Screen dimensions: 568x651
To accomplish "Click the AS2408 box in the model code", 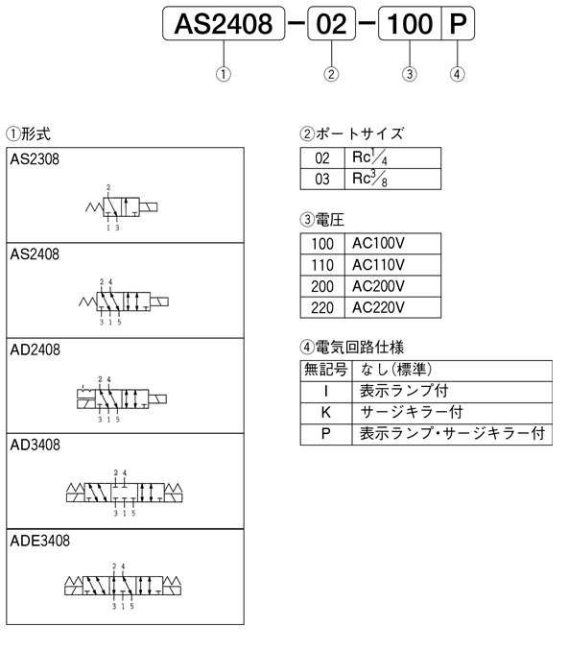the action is point(224,23).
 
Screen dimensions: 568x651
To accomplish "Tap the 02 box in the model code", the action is point(332,23).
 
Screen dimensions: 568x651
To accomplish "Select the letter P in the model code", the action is point(458,23).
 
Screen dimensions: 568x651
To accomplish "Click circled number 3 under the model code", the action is point(410,74).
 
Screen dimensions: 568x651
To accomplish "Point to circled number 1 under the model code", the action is point(224,74).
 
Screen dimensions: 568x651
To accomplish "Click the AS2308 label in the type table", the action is point(35,159).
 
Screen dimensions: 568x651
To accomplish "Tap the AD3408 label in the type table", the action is point(35,446).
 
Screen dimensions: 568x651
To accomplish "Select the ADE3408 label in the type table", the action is point(40,541).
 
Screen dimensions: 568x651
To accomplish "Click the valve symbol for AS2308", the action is point(122,207).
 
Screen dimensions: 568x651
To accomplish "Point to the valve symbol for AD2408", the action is point(122,399).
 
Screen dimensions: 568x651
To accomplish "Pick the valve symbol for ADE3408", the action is point(123,586).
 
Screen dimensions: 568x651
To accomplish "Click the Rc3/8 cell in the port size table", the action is point(392,179).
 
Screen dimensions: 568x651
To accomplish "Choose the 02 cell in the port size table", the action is point(322,157).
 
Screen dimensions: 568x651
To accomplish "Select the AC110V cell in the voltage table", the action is point(392,264).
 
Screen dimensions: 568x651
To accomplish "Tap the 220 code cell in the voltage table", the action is point(322,307).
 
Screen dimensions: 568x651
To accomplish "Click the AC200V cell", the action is point(392,286).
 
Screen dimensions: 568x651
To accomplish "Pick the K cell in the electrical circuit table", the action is point(326,413).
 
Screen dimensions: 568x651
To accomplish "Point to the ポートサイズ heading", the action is point(352,133).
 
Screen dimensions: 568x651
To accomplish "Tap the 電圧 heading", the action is point(322,219).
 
